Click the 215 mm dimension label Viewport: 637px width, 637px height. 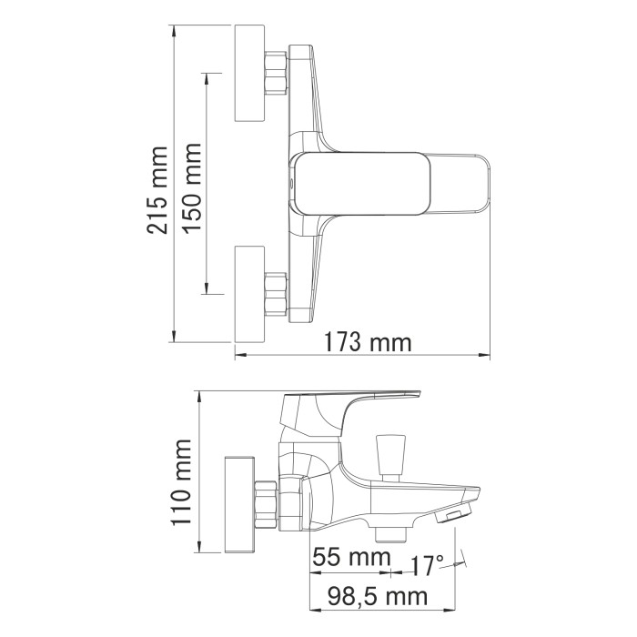159,189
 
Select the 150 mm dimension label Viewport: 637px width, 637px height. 192,188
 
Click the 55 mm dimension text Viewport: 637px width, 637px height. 347,557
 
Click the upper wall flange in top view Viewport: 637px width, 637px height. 249,74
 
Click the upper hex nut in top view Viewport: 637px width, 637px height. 276,74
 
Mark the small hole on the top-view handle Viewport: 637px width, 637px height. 290,183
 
